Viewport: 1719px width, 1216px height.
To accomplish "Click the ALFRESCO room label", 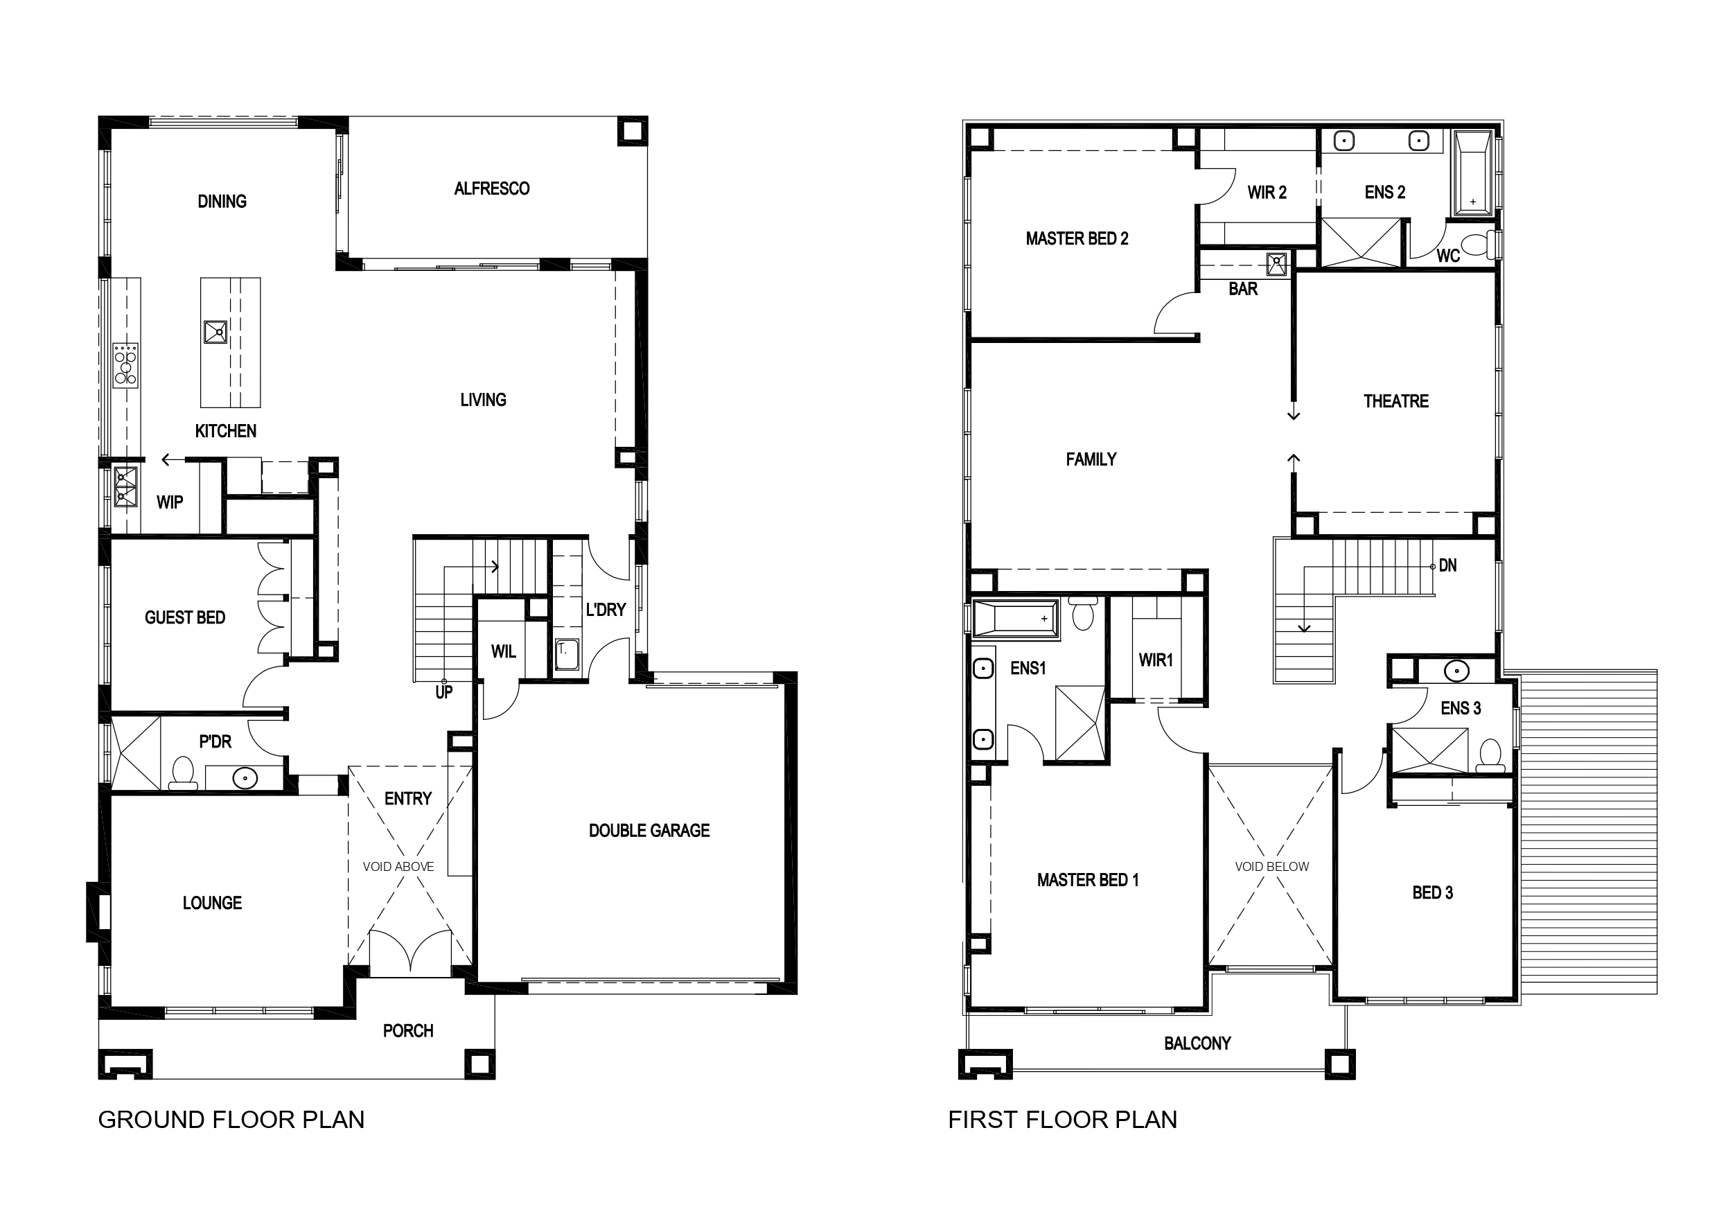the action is (492, 188).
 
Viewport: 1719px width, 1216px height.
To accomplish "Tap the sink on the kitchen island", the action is (215, 332).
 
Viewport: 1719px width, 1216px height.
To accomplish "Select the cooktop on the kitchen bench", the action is (126, 365).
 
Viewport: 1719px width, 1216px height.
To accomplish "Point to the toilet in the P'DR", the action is (183, 773).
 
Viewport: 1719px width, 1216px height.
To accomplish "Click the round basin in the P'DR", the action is (245, 779).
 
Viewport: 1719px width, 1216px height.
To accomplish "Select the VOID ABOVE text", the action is (398, 866).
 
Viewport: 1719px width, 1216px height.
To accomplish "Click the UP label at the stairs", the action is (444, 693).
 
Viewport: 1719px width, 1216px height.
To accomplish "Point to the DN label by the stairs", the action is (1448, 566).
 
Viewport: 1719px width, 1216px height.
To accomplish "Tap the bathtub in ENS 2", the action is (1472, 174).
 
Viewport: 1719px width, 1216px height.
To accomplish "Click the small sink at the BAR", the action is (1276, 263).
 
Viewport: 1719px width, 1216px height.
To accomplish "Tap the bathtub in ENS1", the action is (1015, 619).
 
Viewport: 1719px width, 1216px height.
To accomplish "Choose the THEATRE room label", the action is (1396, 401).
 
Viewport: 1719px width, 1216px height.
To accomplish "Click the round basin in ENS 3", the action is (1456, 671).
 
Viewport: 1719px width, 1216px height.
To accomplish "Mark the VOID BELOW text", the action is (1272, 866).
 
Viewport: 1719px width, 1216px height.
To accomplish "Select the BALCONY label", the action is (1197, 1043).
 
